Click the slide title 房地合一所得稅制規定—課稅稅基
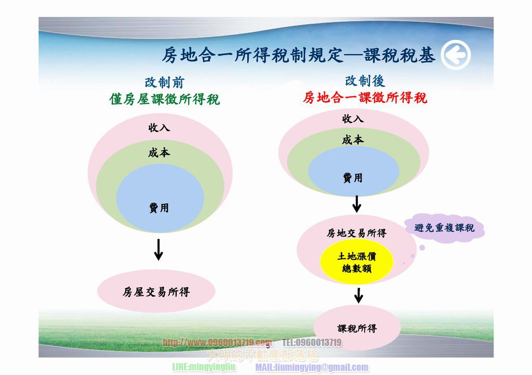(298, 55)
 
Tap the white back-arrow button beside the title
(456, 55)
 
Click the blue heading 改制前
(164, 82)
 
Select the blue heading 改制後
(365, 80)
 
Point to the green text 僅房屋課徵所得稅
(165, 99)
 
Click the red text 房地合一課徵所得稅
(365, 98)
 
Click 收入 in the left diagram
(159, 128)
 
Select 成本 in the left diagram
(159, 152)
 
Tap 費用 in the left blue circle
(159, 208)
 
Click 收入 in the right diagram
(353, 119)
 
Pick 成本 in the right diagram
(353, 140)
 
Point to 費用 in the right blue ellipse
(353, 178)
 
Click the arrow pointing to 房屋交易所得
(158, 251)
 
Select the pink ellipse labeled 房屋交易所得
(156, 292)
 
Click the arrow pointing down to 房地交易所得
(356, 204)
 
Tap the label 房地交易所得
(356, 233)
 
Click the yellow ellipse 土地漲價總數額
(356, 262)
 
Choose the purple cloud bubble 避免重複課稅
(445, 228)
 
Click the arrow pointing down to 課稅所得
(358, 296)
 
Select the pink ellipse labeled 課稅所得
(357, 328)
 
